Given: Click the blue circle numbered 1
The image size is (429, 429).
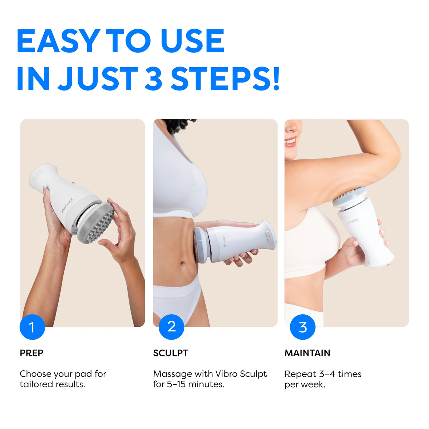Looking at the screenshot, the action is (32, 327).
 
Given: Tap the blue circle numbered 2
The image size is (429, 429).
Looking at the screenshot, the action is (172, 327).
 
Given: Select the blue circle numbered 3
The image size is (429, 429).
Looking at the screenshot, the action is (302, 327).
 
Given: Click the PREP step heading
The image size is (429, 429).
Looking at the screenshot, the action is (31, 353).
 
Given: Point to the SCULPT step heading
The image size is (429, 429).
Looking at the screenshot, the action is (171, 353).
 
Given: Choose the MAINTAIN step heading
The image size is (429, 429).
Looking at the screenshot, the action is (307, 353).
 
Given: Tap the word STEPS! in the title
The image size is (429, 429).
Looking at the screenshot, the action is (225, 79).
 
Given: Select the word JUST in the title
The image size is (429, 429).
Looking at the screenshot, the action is (98, 79).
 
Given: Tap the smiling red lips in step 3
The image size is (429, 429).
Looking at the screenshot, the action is (291, 142).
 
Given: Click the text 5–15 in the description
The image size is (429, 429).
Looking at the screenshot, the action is (176, 384).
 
